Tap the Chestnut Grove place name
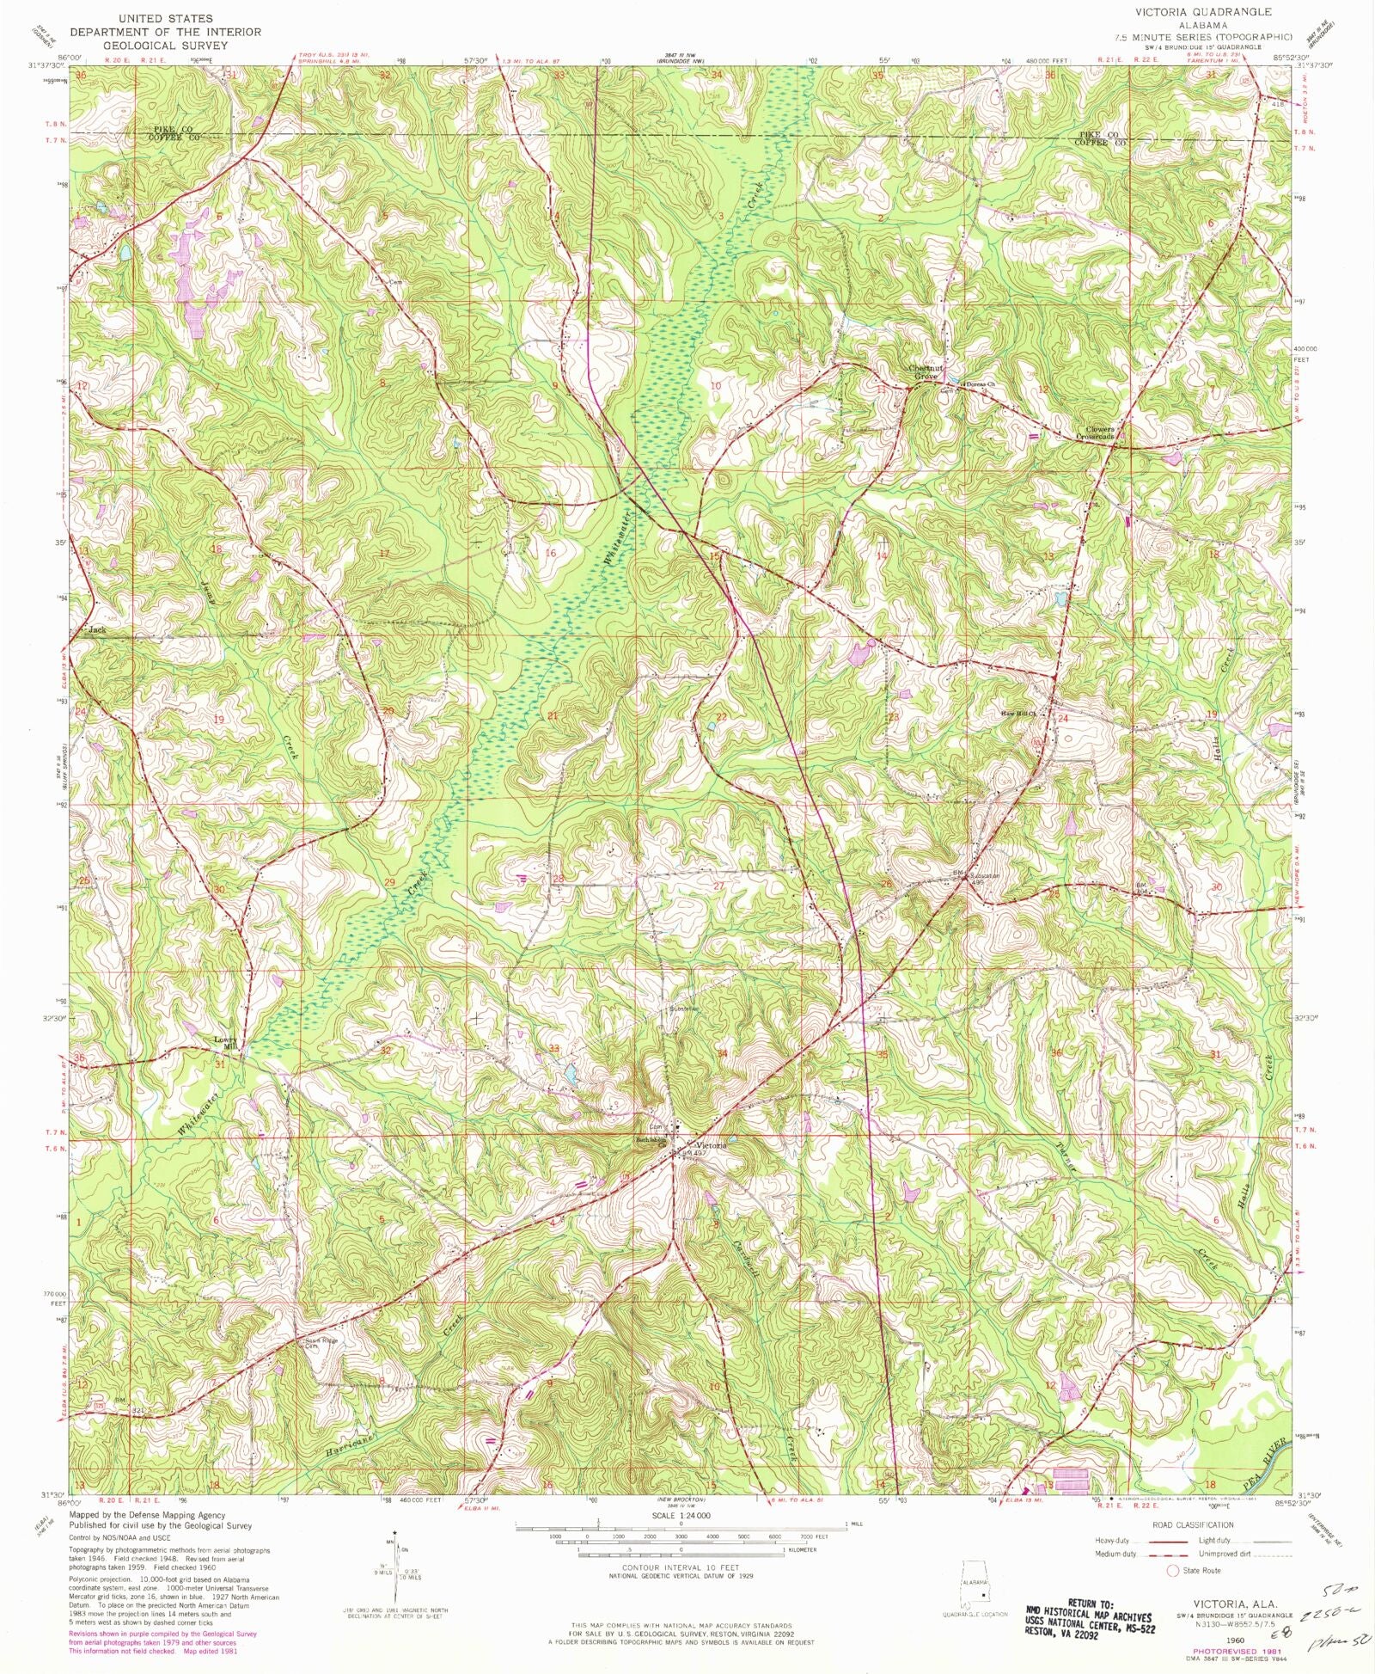pos(926,372)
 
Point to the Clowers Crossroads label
pos(1099,432)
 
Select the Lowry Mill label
pos(229,1042)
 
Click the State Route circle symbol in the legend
pos(1171,1571)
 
